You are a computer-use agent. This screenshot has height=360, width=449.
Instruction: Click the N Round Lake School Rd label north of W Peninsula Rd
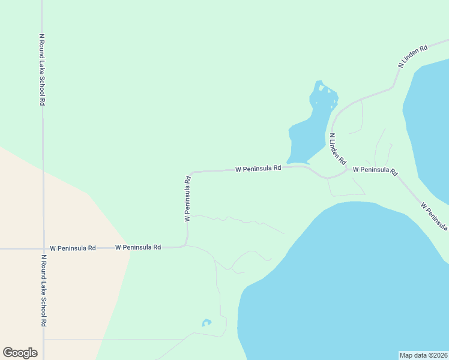click(x=42, y=69)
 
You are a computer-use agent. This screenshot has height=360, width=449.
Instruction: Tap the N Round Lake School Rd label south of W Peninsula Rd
click(x=44, y=290)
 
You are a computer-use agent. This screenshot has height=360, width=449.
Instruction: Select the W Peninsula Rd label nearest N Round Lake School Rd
click(x=73, y=248)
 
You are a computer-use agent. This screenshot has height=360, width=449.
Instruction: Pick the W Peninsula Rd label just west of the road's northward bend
click(x=138, y=247)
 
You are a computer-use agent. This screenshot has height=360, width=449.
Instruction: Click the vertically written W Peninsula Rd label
click(x=188, y=199)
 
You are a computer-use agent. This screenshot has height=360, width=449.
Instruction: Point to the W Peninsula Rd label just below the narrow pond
click(x=258, y=169)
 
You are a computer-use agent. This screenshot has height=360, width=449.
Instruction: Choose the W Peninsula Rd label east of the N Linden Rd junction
click(x=375, y=170)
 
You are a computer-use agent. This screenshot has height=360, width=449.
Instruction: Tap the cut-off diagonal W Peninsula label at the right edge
click(x=435, y=216)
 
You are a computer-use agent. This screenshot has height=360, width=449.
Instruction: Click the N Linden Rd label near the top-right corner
click(x=414, y=55)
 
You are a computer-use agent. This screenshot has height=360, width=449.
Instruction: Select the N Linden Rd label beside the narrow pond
click(x=338, y=149)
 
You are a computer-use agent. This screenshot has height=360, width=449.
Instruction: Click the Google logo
click(x=20, y=353)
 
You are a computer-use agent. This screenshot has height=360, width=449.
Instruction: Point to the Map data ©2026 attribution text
click(x=423, y=355)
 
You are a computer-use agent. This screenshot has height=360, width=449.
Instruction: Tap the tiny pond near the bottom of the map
click(x=206, y=323)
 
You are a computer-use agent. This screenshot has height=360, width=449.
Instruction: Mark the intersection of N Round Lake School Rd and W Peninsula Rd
click(x=43, y=248)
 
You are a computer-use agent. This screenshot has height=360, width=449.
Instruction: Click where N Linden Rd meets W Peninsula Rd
click(x=348, y=170)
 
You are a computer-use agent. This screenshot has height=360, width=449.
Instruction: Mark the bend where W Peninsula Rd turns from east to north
click(x=187, y=245)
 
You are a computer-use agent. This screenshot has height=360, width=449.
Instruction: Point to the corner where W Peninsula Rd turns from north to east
click(x=191, y=173)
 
